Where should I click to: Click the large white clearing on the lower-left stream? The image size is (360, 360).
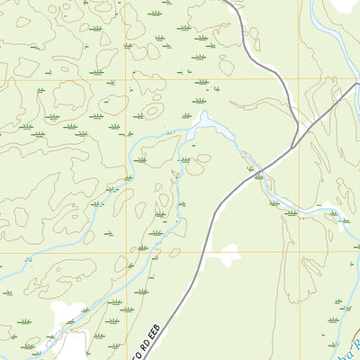click(x=65, y=314)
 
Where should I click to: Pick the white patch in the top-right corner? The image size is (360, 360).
click(x=345, y=4)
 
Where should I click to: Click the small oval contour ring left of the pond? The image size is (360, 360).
click(x=154, y=112)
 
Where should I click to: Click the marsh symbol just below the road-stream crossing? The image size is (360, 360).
click(x=259, y=178)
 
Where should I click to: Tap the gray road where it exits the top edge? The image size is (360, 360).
click(x=225, y=2)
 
